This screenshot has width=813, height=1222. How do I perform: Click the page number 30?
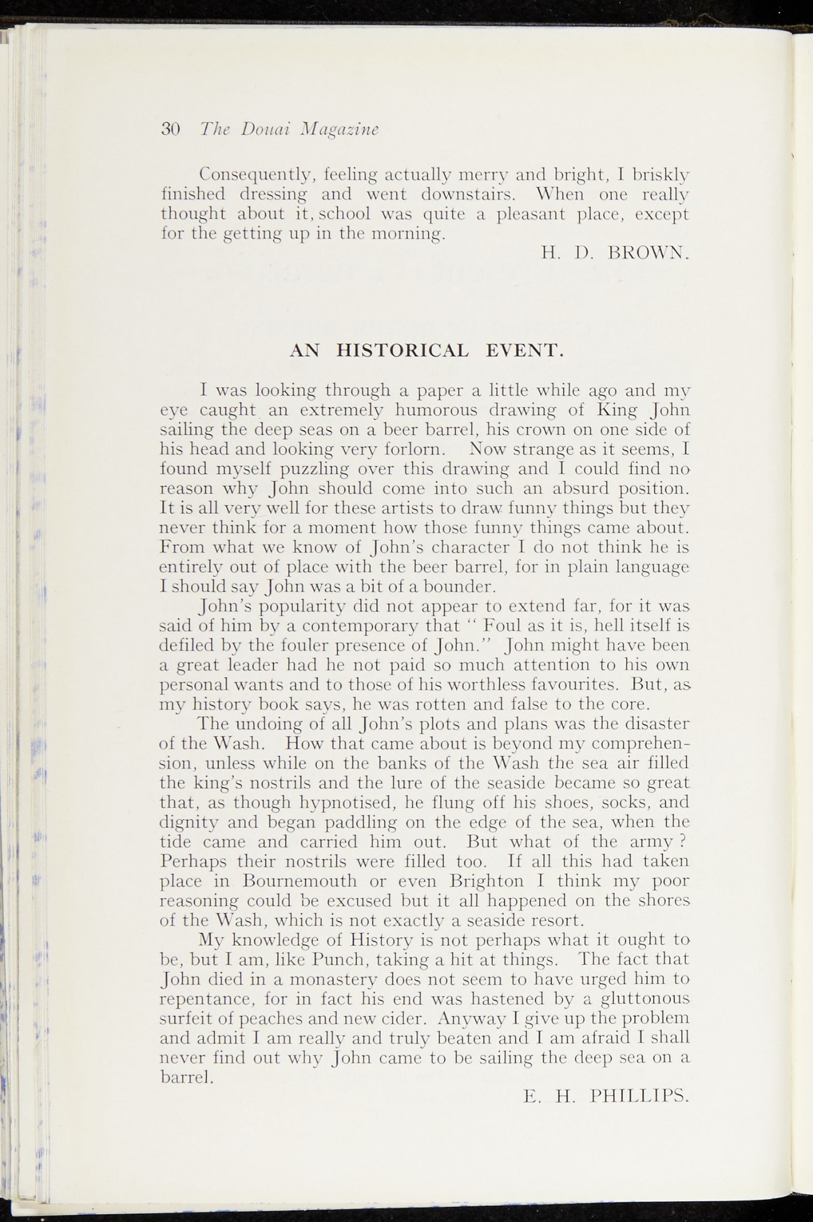171,129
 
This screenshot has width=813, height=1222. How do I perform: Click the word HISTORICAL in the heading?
403,350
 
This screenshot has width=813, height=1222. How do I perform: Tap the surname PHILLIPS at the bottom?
639,1096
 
